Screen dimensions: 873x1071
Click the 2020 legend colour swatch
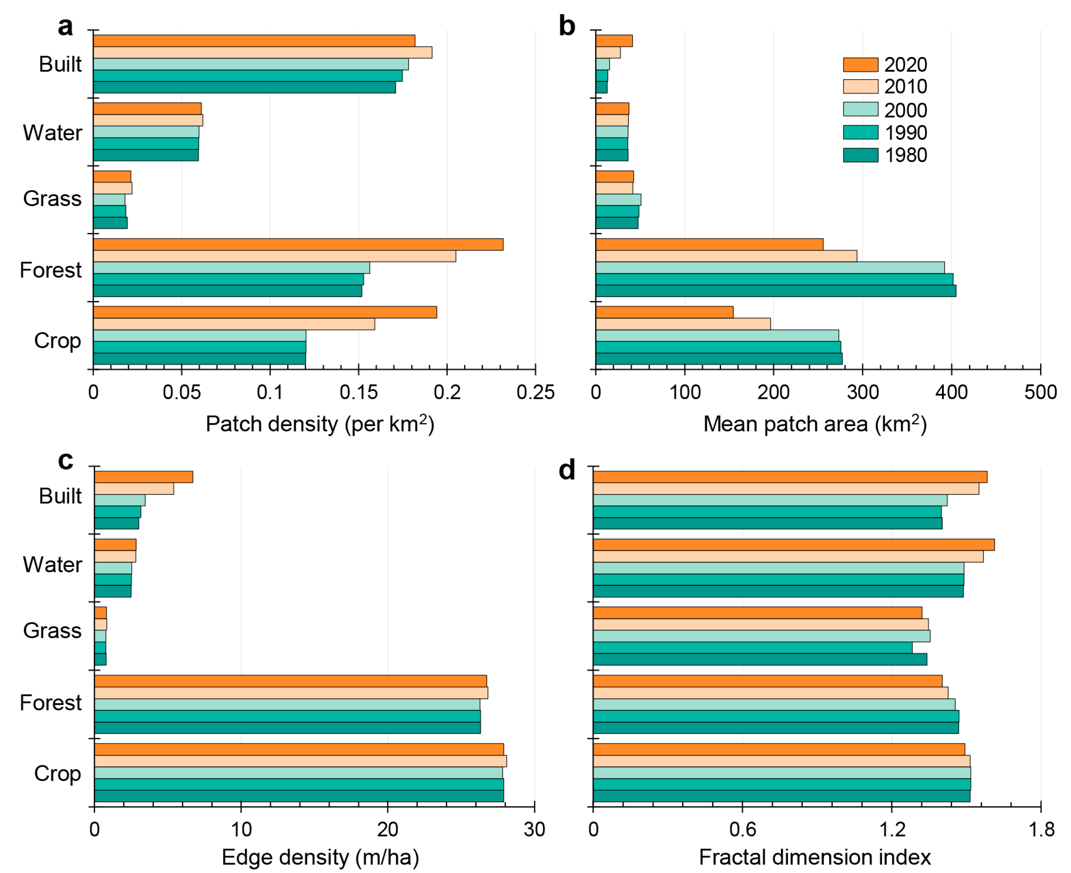tap(860, 65)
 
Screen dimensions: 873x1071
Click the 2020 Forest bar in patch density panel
tap(298, 244)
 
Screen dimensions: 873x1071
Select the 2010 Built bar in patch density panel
tap(262, 52)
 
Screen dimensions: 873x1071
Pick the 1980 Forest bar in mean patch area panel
tap(775, 291)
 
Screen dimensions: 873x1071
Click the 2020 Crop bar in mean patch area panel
tap(664, 312)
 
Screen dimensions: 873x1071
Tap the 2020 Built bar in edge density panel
tap(143, 477)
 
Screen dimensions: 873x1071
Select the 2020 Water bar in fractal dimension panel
tap(793, 545)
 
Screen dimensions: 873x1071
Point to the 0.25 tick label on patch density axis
tap(535, 392)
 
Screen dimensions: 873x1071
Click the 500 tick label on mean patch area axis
tap(1040, 392)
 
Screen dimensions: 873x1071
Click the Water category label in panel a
tap(52, 133)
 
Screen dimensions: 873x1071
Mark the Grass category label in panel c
tap(52, 631)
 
